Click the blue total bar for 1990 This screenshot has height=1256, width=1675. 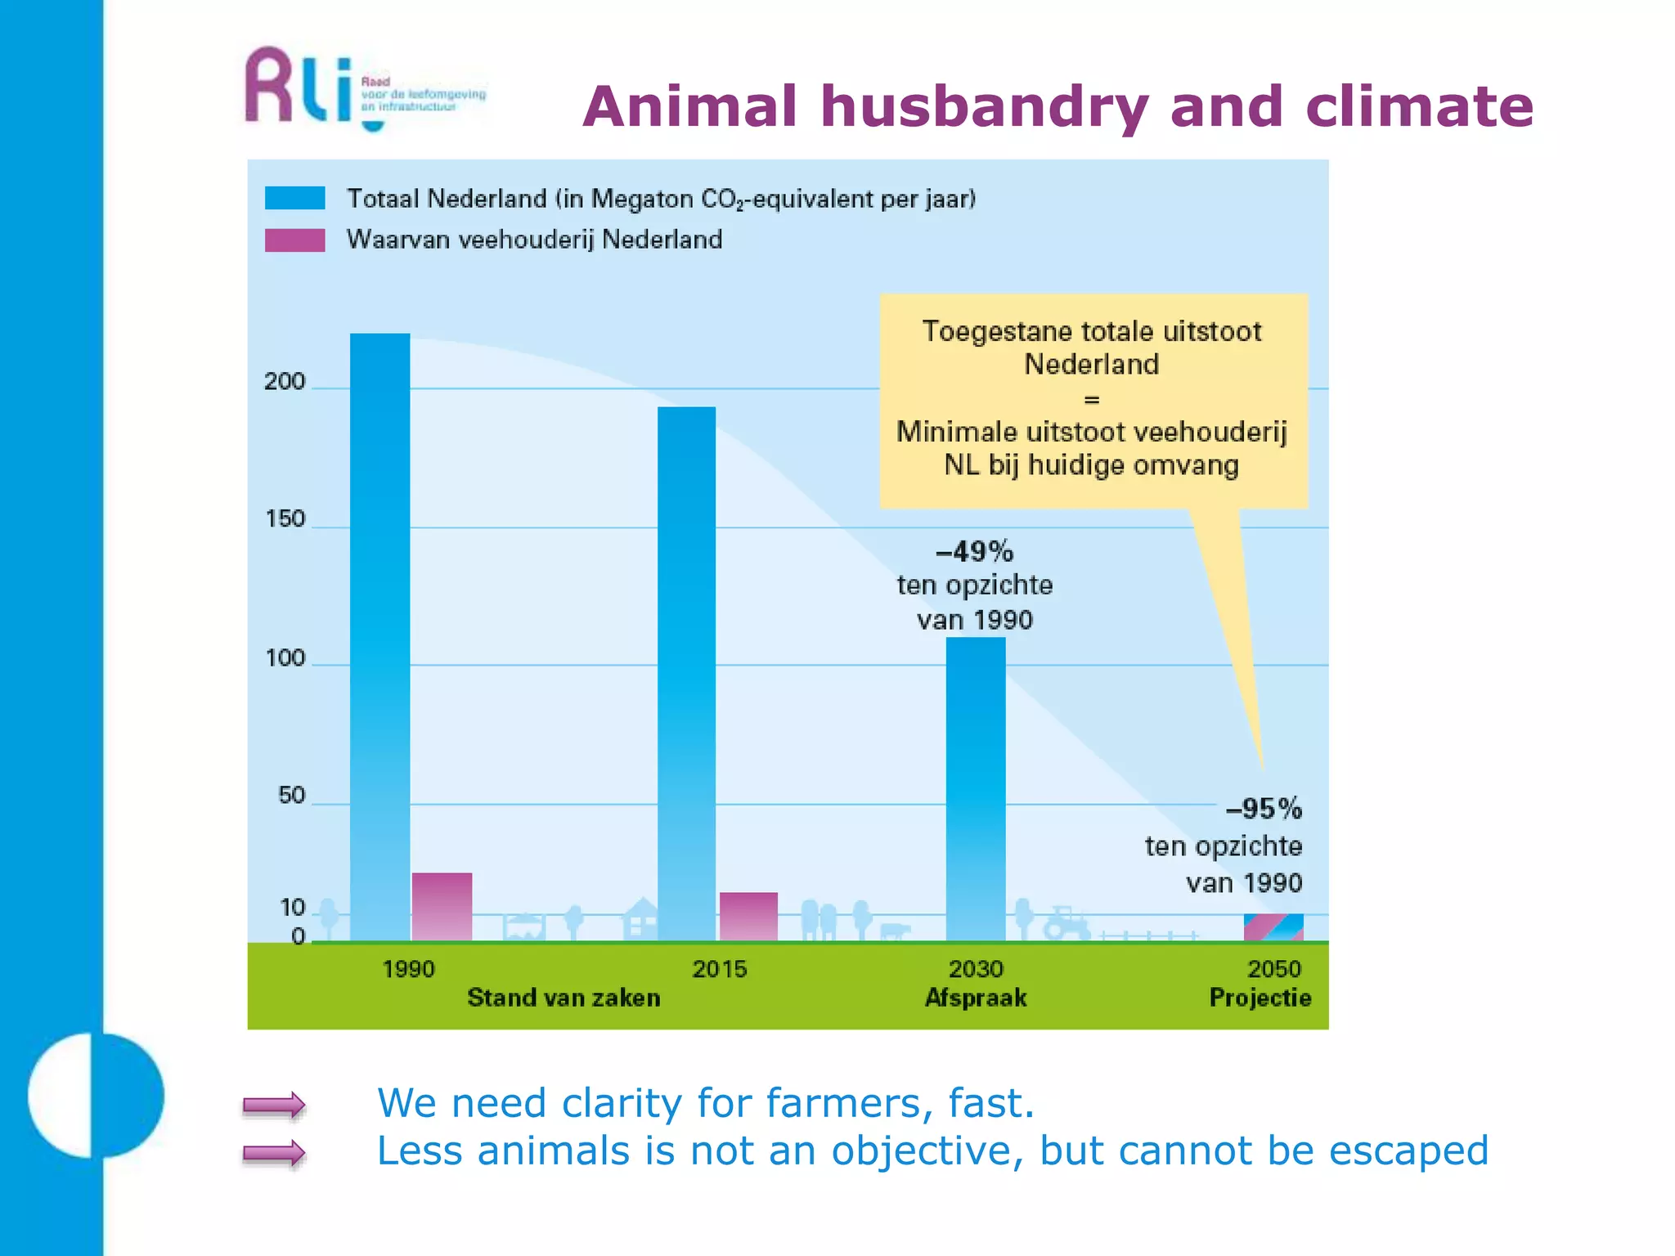(x=380, y=638)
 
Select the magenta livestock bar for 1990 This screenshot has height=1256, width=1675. (x=442, y=908)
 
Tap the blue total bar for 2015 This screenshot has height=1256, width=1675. (x=687, y=675)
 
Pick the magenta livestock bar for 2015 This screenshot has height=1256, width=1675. (x=748, y=917)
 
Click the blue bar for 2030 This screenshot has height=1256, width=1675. (x=976, y=789)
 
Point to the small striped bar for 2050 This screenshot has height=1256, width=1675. (x=1273, y=927)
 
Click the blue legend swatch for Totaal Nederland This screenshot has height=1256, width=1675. (x=295, y=199)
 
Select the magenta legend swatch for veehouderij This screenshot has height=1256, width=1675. (x=295, y=240)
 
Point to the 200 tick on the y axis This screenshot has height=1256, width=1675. (x=284, y=382)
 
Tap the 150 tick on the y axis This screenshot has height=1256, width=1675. (x=285, y=519)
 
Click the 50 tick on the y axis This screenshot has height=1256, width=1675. (x=291, y=796)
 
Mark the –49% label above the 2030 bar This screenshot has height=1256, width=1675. (x=974, y=552)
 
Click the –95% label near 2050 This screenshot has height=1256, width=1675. (x=1264, y=809)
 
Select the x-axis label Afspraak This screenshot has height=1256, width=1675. (x=976, y=998)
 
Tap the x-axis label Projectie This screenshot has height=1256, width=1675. (x=1260, y=998)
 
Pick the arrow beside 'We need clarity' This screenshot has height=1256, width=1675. (x=274, y=1106)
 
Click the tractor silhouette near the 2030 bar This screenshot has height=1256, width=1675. (x=1067, y=923)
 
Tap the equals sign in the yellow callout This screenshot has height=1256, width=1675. (x=1092, y=400)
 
